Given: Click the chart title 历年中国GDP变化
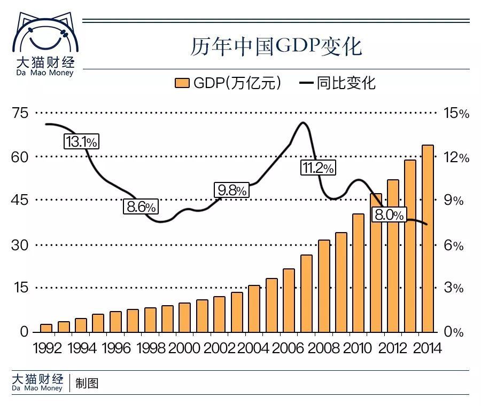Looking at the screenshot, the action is pyautogui.click(x=276, y=46).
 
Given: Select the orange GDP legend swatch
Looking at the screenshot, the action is pyautogui.click(x=182, y=83).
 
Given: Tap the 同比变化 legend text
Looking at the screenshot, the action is pyautogui.click(x=346, y=83).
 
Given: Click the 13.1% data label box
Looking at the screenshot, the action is pyautogui.click(x=82, y=141).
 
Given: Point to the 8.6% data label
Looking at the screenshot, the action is pyautogui.click(x=141, y=206).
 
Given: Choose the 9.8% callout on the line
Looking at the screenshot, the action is pyautogui.click(x=231, y=190).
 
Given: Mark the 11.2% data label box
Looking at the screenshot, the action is pyautogui.click(x=318, y=168).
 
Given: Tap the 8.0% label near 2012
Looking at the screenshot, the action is pyautogui.click(x=389, y=214).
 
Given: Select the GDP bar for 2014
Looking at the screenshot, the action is pyautogui.click(x=428, y=238).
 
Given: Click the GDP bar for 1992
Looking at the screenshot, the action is pyautogui.click(x=46, y=328).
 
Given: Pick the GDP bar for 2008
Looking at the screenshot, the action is pyautogui.click(x=324, y=286).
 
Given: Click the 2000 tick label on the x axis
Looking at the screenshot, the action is pyautogui.click(x=184, y=348).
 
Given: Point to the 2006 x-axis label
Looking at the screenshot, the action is pyautogui.click(x=288, y=348).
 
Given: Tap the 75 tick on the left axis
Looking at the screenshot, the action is pyautogui.click(x=20, y=113).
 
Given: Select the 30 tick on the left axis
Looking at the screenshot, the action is pyautogui.click(x=20, y=245).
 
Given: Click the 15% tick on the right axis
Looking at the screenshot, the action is pyautogui.click(x=456, y=113).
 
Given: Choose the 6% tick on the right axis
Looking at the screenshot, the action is pyautogui.click(x=453, y=245).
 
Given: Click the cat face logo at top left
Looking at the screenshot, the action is pyautogui.click(x=45, y=33).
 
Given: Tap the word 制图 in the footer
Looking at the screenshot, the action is pyautogui.click(x=87, y=383).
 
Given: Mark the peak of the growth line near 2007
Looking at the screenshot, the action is pyautogui.click(x=303, y=123).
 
